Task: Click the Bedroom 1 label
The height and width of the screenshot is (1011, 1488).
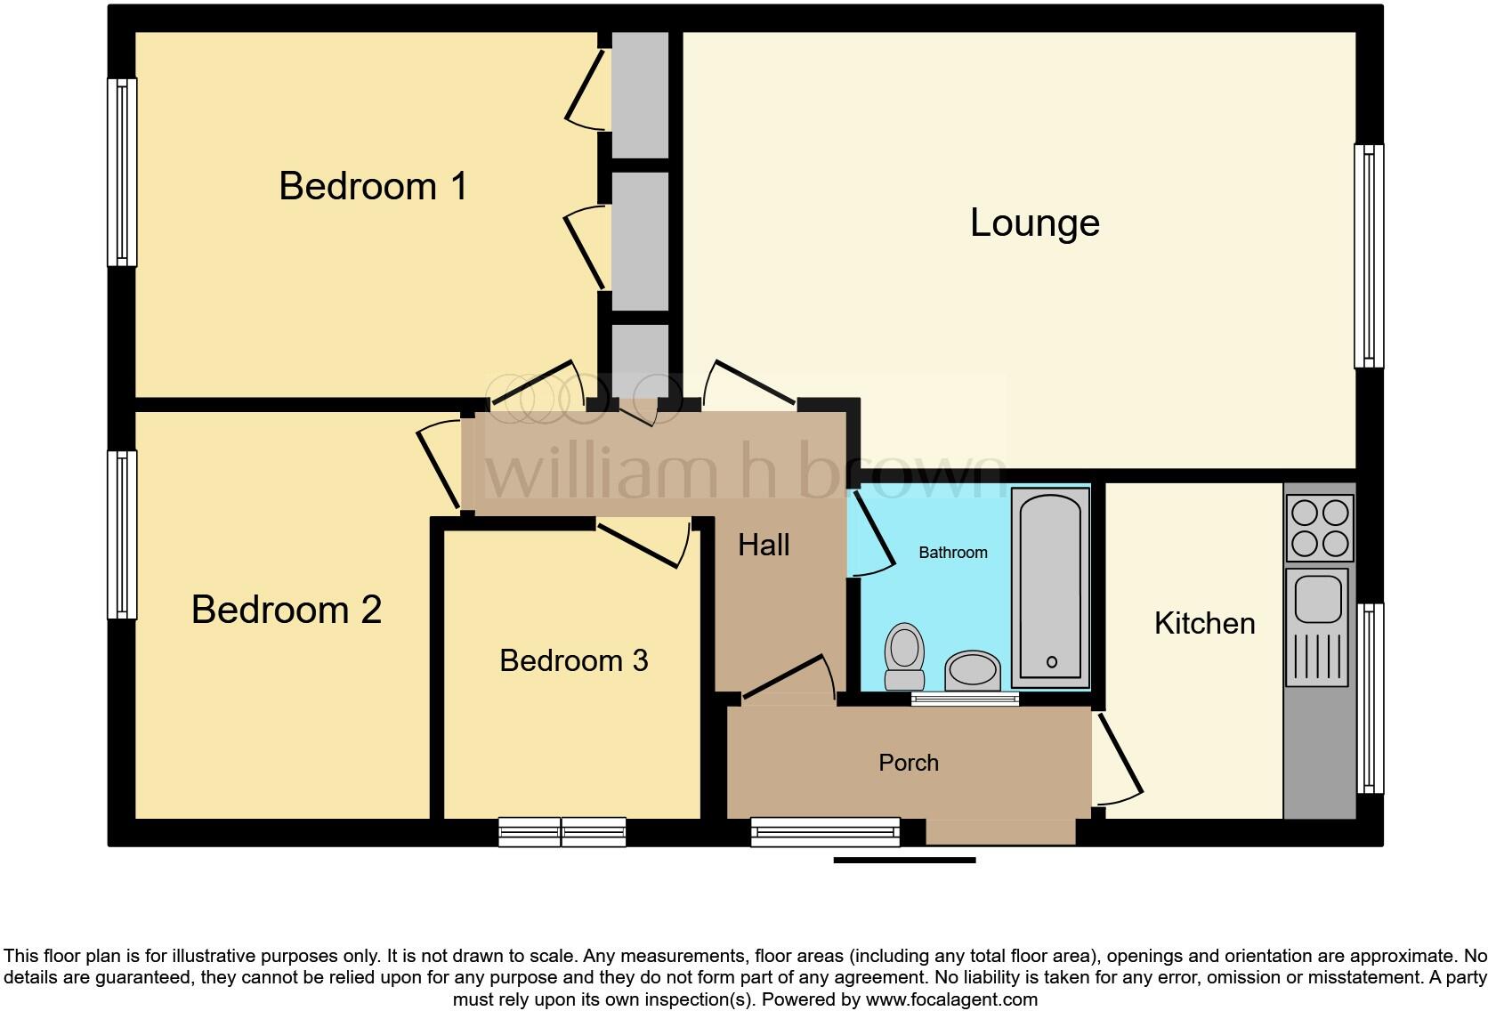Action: (x=373, y=186)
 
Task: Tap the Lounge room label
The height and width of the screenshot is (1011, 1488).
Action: (x=1034, y=222)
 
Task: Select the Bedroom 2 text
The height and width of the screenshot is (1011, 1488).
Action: (x=286, y=610)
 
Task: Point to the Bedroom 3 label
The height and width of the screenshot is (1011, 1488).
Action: (x=573, y=660)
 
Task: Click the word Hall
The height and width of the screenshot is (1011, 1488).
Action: (x=764, y=545)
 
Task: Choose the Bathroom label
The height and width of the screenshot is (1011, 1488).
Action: (x=952, y=553)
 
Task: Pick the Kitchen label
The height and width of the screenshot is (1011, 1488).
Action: (x=1204, y=623)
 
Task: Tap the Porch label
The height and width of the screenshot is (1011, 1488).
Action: (x=908, y=763)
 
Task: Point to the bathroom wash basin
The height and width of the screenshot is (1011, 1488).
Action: (x=973, y=669)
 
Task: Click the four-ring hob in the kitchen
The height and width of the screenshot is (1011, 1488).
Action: (x=1320, y=528)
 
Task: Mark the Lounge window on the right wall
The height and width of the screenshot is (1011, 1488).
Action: (x=1369, y=256)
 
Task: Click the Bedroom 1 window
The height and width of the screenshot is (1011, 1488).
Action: (x=122, y=172)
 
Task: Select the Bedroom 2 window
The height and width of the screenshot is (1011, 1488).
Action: (x=122, y=534)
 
